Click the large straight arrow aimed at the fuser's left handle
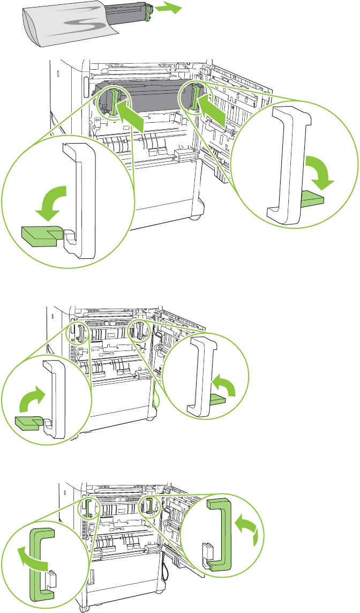[x=131, y=116]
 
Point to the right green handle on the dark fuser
[x=194, y=96]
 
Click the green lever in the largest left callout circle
[x=39, y=235]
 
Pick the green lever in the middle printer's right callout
[x=220, y=399]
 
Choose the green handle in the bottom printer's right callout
[x=220, y=531]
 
